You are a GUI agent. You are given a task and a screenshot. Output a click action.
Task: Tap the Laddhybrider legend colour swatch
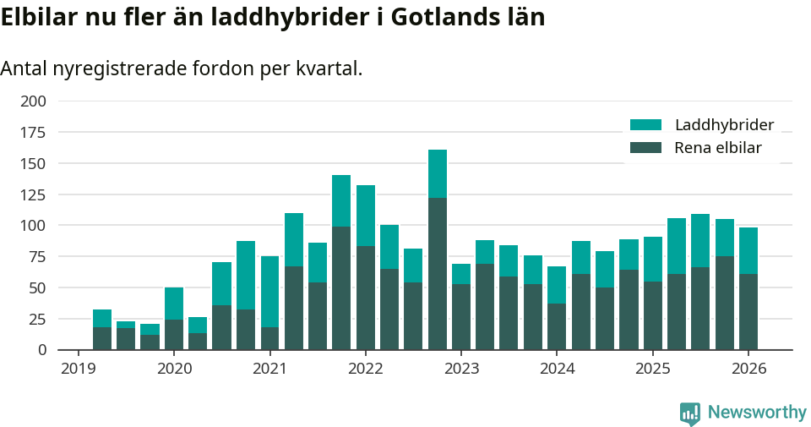click(x=646, y=125)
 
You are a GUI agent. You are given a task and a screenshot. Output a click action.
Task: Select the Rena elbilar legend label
click(x=718, y=148)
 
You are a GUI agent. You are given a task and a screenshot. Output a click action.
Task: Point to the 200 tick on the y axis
click(x=35, y=101)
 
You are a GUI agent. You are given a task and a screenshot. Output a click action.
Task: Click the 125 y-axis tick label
click(x=35, y=195)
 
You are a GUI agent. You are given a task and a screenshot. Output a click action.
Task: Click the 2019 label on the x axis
click(x=79, y=369)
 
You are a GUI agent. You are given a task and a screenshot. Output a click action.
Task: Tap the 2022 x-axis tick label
click(x=366, y=369)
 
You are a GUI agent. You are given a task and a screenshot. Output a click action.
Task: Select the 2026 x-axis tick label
click(x=748, y=369)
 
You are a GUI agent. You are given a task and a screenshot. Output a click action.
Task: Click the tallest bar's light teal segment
click(x=438, y=173)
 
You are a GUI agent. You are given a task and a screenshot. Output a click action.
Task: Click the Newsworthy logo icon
click(x=690, y=413)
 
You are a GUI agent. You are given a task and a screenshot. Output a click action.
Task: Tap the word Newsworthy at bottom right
click(x=757, y=413)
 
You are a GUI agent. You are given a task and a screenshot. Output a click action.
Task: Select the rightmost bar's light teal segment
click(x=748, y=250)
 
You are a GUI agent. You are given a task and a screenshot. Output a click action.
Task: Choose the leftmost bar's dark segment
click(x=102, y=338)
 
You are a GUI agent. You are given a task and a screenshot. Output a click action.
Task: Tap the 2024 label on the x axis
click(x=558, y=369)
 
